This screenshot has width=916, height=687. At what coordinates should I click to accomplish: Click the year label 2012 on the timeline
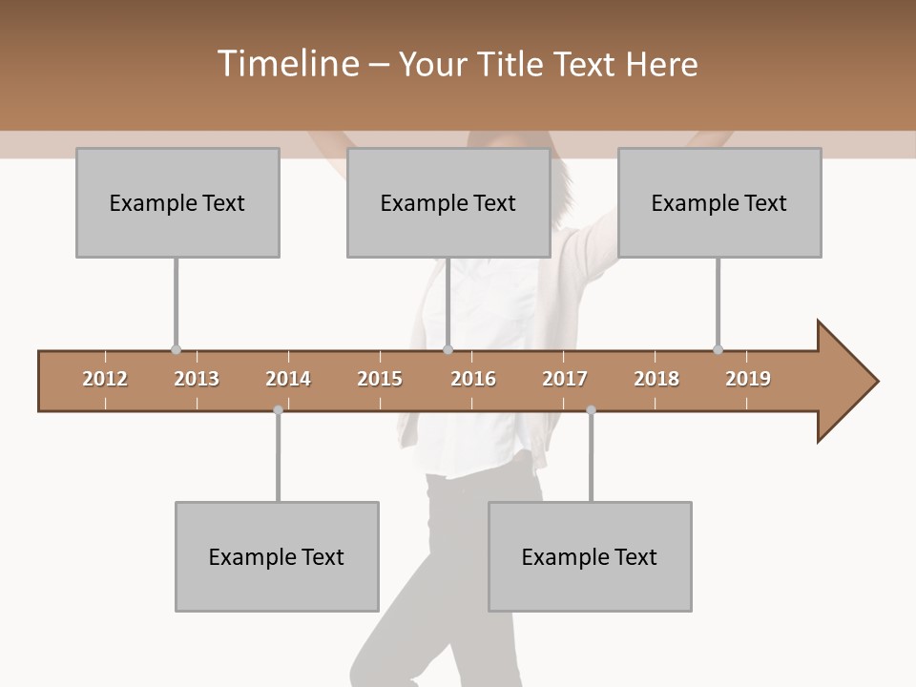[105, 379]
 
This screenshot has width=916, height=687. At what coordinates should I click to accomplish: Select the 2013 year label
[197, 379]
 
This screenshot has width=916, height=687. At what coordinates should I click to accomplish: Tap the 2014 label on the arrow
[288, 379]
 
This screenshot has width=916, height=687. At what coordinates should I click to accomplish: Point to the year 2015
[380, 379]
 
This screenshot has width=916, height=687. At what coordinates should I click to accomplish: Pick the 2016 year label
[473, 379]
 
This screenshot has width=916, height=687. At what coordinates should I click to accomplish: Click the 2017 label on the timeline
[565, 379]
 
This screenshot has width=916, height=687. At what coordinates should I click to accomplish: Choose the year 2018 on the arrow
[656, 379]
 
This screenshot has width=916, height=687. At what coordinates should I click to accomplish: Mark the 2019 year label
[748, 379]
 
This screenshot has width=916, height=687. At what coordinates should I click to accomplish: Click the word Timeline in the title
[286, 64]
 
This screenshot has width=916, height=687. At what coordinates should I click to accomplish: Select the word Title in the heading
[512, 64]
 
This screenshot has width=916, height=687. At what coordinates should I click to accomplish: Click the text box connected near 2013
[177, 202]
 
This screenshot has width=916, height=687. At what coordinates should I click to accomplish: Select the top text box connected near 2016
[448, 202]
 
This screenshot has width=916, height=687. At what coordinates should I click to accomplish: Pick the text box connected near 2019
[719, 202]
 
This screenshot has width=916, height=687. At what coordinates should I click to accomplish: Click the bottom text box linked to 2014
[277, 556]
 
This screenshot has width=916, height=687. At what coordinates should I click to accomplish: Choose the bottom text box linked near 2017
[590, 556]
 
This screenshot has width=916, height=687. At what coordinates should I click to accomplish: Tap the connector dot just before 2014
[278, 410]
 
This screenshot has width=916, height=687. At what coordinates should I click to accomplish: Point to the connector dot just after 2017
[591, 410]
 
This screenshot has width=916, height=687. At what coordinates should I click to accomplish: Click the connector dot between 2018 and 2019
[718, 349]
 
